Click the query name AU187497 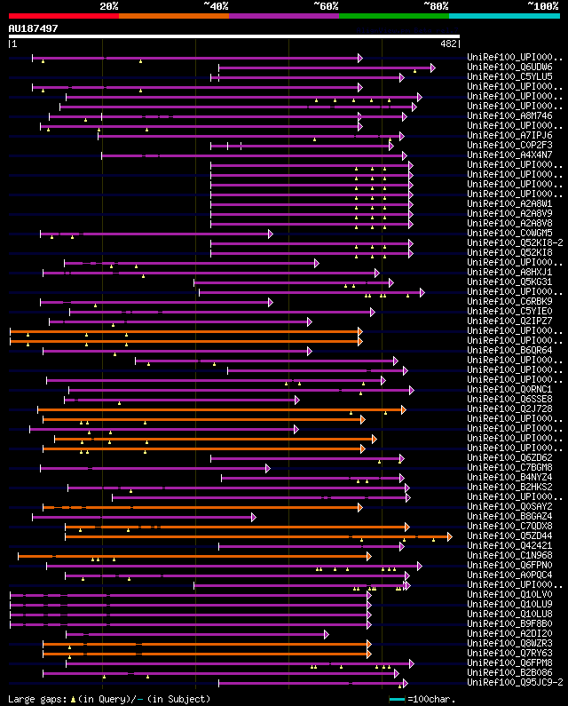tap(34, 28)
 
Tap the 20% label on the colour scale tap(109, 5)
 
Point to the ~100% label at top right tap(542, 5)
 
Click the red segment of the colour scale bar tap(63, 15)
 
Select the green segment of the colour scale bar tap(393, 15)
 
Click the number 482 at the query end tap(449, 43)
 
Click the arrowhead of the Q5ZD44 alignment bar tap(449, 536)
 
